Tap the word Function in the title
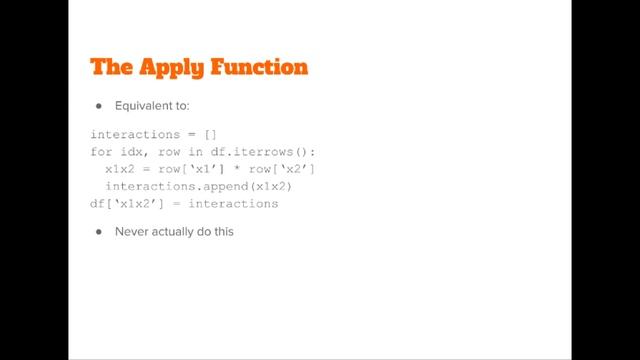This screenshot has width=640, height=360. tap(259, 68)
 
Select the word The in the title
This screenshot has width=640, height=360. tap(111, 68)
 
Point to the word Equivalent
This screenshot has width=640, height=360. tap(143, 105)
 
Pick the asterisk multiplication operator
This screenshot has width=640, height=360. tap(240, 169)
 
